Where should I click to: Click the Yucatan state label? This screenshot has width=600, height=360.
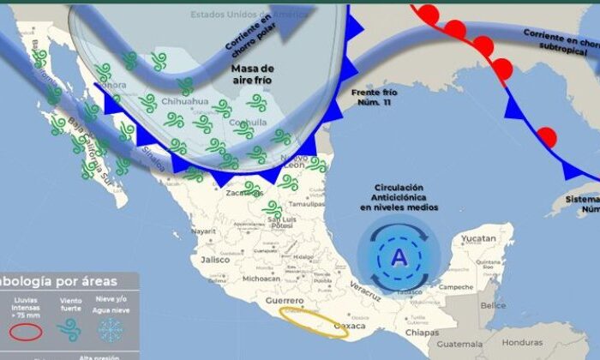[x=477, y=238]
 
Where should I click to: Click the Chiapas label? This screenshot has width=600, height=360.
[x=423, y=333]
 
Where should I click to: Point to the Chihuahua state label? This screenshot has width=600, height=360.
[x=186, y=101]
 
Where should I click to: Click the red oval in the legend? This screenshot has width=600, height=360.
[x=25, y=333]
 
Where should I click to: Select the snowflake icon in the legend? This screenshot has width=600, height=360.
[x=110, y=329]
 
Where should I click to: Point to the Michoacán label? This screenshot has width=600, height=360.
[x=261, y=279]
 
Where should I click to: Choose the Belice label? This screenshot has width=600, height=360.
[x=492, y=305]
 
